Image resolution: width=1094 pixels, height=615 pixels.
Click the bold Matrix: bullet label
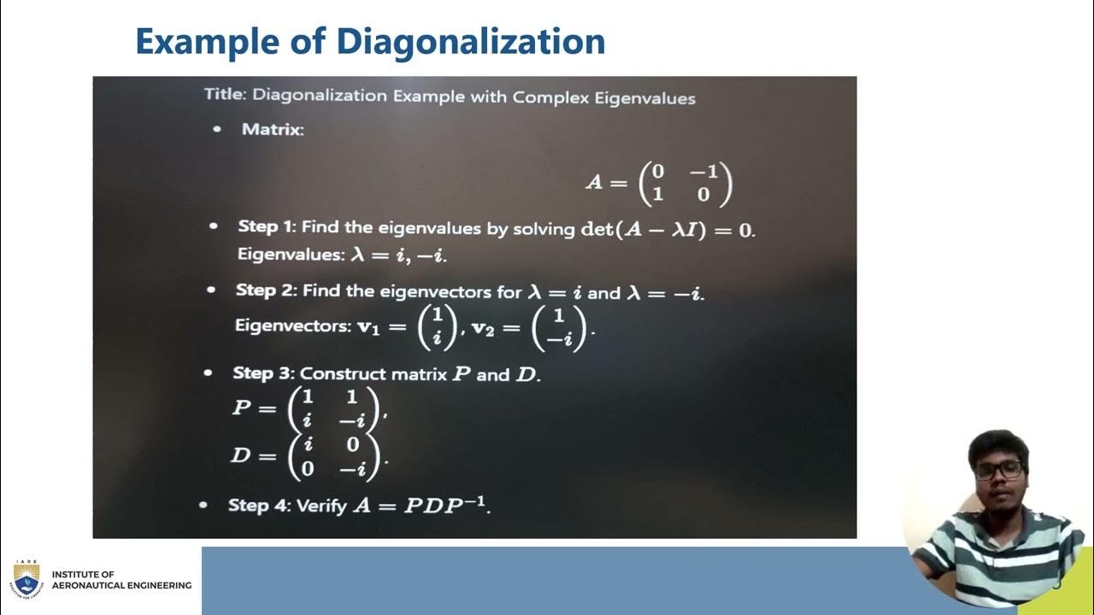tap(273, 130)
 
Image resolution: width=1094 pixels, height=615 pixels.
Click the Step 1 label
tap(266, 227)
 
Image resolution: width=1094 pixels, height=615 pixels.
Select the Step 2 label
tap(265, 290)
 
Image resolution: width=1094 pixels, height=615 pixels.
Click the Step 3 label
tap(262, 374)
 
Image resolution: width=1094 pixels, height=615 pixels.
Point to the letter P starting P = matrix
tap(242, 407)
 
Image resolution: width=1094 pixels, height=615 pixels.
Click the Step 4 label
tap(258, 506)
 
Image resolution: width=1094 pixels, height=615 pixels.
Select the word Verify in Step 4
tap(321, 506)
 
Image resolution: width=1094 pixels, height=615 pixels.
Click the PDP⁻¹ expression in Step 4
tap(444, 505)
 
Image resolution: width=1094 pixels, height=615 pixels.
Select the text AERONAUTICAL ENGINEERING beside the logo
tap(121, 585)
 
